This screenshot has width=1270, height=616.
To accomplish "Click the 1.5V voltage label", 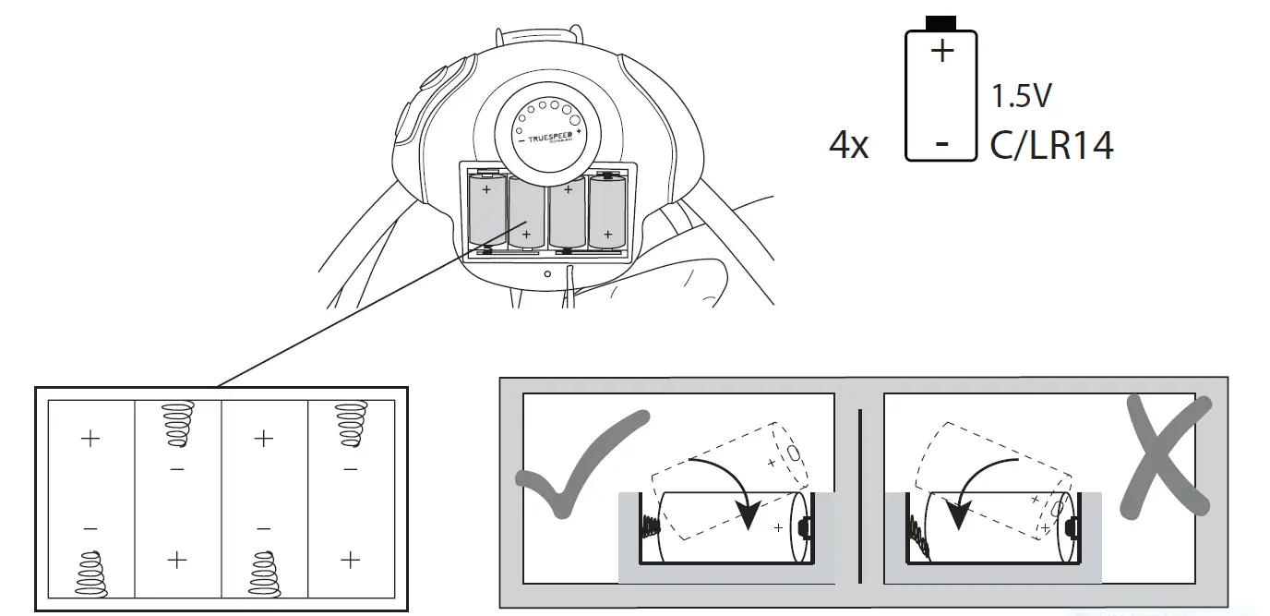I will (1022, 96).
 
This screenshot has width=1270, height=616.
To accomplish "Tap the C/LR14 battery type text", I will (1051, 146).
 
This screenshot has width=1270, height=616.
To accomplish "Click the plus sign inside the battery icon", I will (941, 51).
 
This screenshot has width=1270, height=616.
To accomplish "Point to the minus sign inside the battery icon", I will (941, 144).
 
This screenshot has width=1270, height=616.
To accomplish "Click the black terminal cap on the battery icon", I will (941, 22).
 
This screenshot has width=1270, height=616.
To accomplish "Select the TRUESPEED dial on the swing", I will (549, 135).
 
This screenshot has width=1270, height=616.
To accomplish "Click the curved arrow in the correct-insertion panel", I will (734, 480).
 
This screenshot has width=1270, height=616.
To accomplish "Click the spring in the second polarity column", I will (177, 424).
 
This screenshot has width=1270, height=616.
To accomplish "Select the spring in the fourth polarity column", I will (350, 424).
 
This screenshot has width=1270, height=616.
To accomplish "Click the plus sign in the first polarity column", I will (90, 438).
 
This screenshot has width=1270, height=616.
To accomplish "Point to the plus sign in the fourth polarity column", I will (350, 560).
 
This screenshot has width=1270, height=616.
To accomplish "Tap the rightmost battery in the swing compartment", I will (606, 212).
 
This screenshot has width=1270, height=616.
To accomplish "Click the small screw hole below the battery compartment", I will (547, 273).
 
